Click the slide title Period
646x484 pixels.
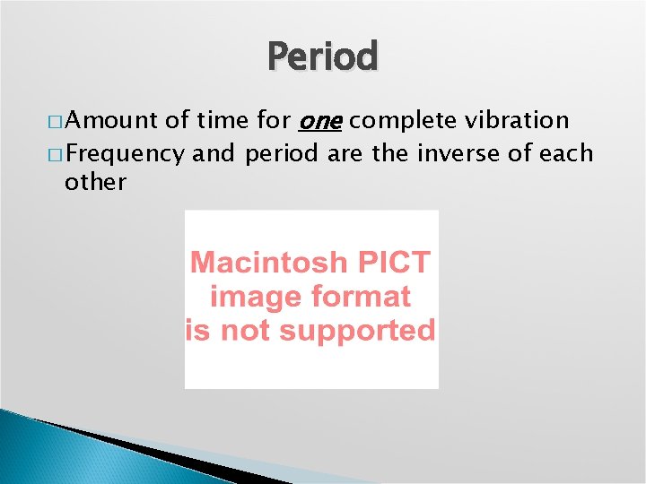pos(323,56)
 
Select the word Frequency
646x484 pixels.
pos(124,153)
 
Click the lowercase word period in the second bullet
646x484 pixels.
pos(281,153)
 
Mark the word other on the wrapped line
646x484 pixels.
pos(95,182)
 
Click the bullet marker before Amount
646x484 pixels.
pos(55,121)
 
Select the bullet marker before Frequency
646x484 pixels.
pos(55,154)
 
